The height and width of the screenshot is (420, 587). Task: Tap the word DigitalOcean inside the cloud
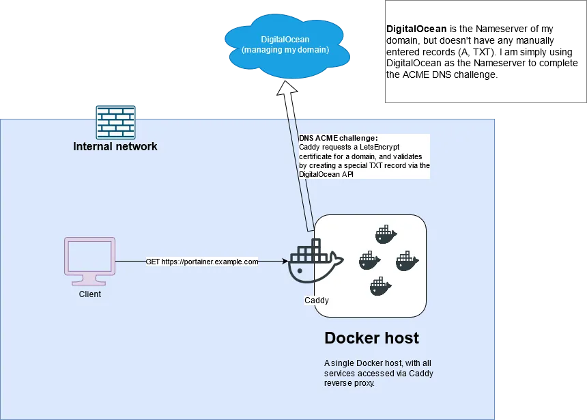285,40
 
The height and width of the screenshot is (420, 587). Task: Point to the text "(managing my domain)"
285,50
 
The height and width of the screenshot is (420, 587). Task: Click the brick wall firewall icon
115,122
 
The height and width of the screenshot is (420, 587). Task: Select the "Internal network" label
115,146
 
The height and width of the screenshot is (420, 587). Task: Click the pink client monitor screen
89,255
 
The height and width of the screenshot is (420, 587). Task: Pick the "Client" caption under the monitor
89,294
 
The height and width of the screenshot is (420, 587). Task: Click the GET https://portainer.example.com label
202,262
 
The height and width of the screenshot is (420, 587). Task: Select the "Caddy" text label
317,300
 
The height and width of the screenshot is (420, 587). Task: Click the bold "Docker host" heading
371,338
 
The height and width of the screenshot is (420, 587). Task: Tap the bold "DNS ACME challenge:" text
339,139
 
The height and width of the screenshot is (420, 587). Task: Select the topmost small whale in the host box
386,234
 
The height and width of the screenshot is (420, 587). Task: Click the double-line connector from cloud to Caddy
300,171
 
